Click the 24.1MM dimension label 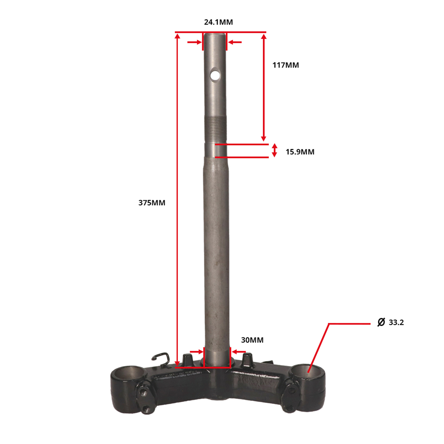[x=218, y=22]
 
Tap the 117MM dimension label [x=286, y=65]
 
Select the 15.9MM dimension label [x=300, y=152]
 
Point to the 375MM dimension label [x=152, y=203]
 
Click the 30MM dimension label [x=252, y=340]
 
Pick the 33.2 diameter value [x=396, y=323]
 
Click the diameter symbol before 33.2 [x=381, y=322]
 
